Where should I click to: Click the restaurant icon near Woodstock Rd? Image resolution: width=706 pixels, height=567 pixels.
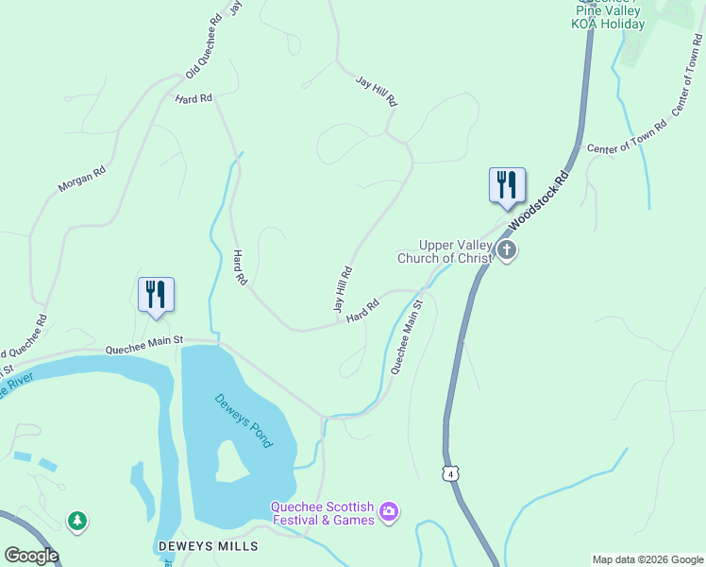click(x=507, y=185)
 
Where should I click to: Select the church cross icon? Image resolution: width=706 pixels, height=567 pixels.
click(x=507, y=251)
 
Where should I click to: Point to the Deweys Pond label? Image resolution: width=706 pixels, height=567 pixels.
click(x=243, y=421)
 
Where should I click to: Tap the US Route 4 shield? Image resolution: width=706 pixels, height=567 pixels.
click(x=452, y=472)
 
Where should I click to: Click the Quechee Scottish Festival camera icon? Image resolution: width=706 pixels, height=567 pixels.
click(x=389, y=513)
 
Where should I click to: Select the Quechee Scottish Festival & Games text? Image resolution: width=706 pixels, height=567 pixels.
click(x=322, y=513)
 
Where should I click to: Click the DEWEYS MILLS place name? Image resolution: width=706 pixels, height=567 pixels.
click(x=207, y=547)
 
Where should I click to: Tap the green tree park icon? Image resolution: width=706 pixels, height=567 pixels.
click(x=76, y=521)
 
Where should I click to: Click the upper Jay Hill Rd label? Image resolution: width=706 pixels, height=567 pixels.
click(x=377, y=91)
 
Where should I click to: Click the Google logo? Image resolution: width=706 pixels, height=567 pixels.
click(x=31, y=556)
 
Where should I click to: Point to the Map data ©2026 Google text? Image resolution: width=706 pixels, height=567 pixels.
click(x=647, y=559)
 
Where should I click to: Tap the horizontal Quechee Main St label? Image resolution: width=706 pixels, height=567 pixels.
click(x=143, y=348)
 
